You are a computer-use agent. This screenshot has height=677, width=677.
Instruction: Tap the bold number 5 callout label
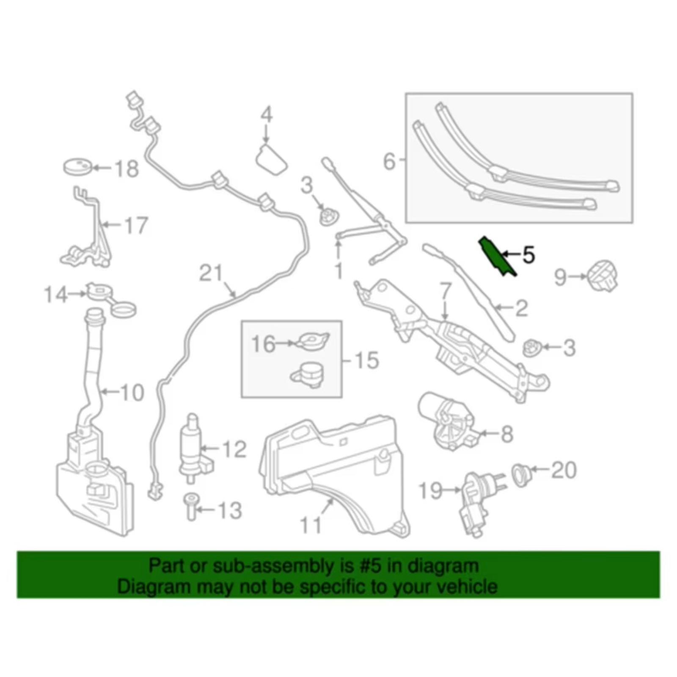(528, 255)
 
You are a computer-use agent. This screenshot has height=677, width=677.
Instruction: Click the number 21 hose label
(211, 273)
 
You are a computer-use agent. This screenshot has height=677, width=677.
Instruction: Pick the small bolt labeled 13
(191, 507)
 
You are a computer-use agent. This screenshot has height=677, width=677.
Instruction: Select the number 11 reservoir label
(311, 526)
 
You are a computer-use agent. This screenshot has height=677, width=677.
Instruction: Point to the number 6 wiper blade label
(389, 161)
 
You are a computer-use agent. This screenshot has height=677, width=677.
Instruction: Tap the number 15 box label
(366, 361)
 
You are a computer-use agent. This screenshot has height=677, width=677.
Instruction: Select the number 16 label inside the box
(263, 344)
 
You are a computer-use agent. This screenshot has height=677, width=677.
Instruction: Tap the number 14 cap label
(56, 294)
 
